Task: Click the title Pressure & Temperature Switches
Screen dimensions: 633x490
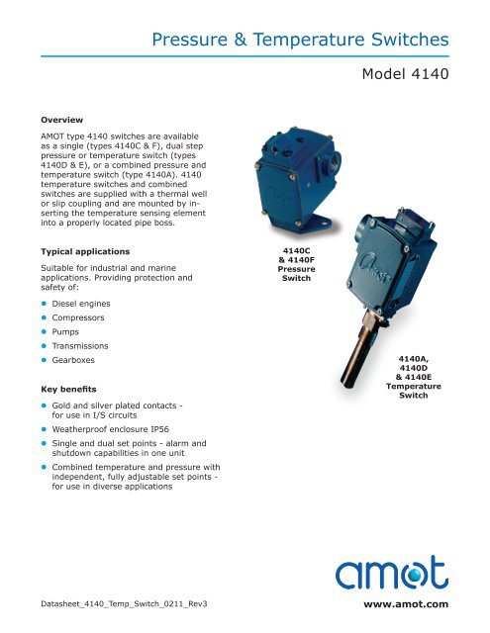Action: (x=307, y=41)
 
